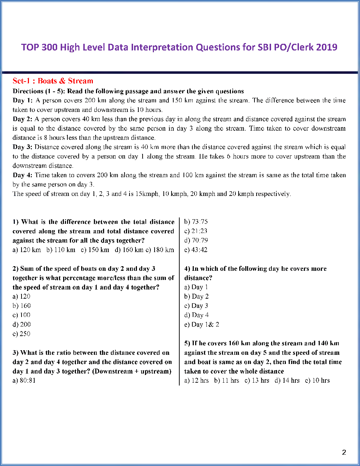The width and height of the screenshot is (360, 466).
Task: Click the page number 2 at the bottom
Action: pyautogui.click(x=344, y=452)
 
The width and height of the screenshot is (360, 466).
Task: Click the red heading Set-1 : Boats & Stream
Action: pyautogui.click(x=53, y=81)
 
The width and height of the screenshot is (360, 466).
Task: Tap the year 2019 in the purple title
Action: pyautogui.click(x=327, y=47)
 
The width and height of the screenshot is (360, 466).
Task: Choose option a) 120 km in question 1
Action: pyautogui.click(x=27, y=250)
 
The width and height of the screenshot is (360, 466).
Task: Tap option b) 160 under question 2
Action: pyautogui.click(x=22, y=306)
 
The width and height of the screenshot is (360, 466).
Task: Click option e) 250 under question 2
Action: pyautogui.click(x=22, y=334)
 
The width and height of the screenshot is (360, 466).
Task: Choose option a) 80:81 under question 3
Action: pyautogui.click(x=24, y=381)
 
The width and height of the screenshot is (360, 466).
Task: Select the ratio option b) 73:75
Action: pyautogui.click(x=196, y=222)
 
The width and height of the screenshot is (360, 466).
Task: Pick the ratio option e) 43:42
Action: pyautogui.click(x=196, y=250)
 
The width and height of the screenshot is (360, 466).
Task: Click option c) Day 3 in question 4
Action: pyautogui.click(x=196, y=306)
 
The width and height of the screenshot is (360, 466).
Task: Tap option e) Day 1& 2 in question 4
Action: pyautogui.click(x=202, y=324)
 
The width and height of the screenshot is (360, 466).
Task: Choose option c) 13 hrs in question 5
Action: pyautogui.click(x=257, y=381)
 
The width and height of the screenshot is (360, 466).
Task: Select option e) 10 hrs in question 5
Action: pyautogui.click(x=317, y=381)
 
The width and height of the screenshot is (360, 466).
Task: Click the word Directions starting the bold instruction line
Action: pyautogui.click(x=28, y=91)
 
